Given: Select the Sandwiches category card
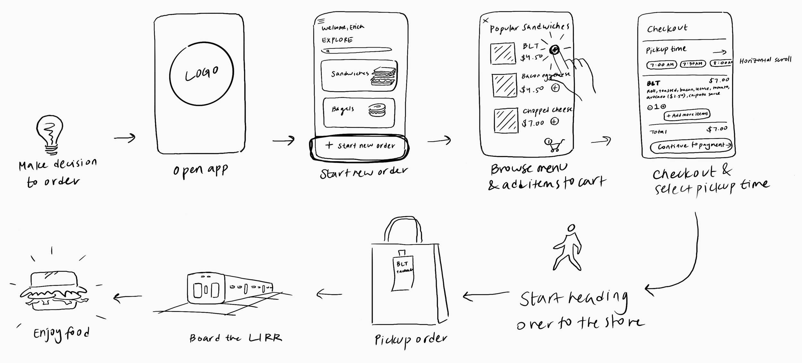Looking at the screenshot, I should (359, 75).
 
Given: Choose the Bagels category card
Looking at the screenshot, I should (359, 112).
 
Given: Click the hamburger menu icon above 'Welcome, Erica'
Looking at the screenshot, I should (321, 22).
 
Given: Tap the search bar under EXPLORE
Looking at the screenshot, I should (356, 50).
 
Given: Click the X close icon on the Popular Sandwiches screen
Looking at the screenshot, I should (485, 21).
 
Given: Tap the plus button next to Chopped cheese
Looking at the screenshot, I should (555, 121).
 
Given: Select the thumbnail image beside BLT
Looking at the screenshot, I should (503, 53).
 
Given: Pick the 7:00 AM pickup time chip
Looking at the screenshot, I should (661, 65).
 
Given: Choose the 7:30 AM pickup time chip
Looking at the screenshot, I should (693, 64).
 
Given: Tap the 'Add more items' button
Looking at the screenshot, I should (687, 115).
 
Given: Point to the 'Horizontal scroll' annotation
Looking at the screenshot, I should (765, 60).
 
